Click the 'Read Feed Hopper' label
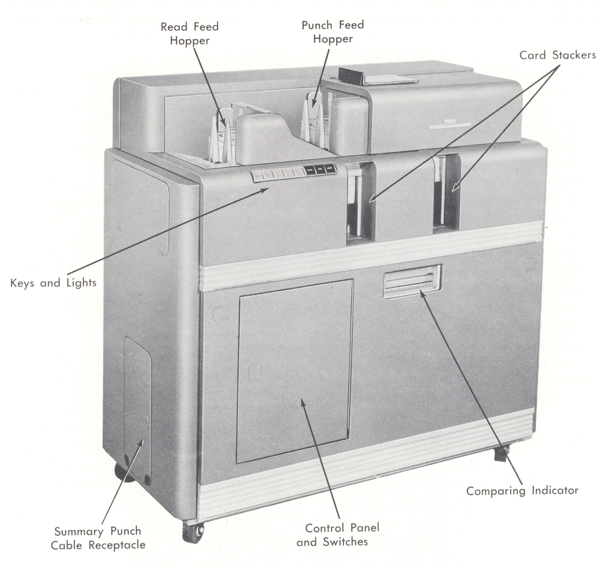190,34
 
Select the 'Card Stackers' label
557,55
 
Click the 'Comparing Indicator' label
522,491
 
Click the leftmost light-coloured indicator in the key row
258,175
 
